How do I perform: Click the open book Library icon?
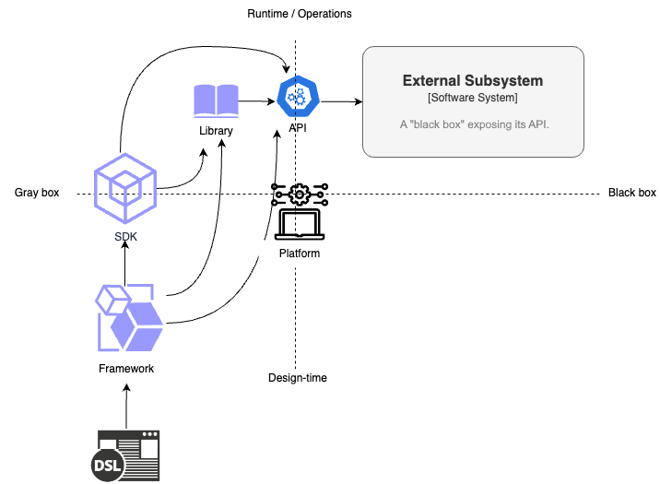(216, 100)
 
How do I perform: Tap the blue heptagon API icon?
(298, 97)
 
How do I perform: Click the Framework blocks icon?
(128, 319)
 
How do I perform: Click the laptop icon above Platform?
(299, 225)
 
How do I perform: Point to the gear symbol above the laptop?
(299, 194)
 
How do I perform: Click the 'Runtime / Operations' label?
(300, 14)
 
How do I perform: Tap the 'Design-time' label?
(297, 378)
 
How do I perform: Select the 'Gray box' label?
(37, 193)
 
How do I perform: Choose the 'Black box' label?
(631, 193)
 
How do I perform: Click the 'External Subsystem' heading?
(473, 81)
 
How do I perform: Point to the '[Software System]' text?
(473, 98)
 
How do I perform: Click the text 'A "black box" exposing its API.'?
(474, 124)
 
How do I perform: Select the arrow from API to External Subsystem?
(338, 101)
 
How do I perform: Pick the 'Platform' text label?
(299, 253)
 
